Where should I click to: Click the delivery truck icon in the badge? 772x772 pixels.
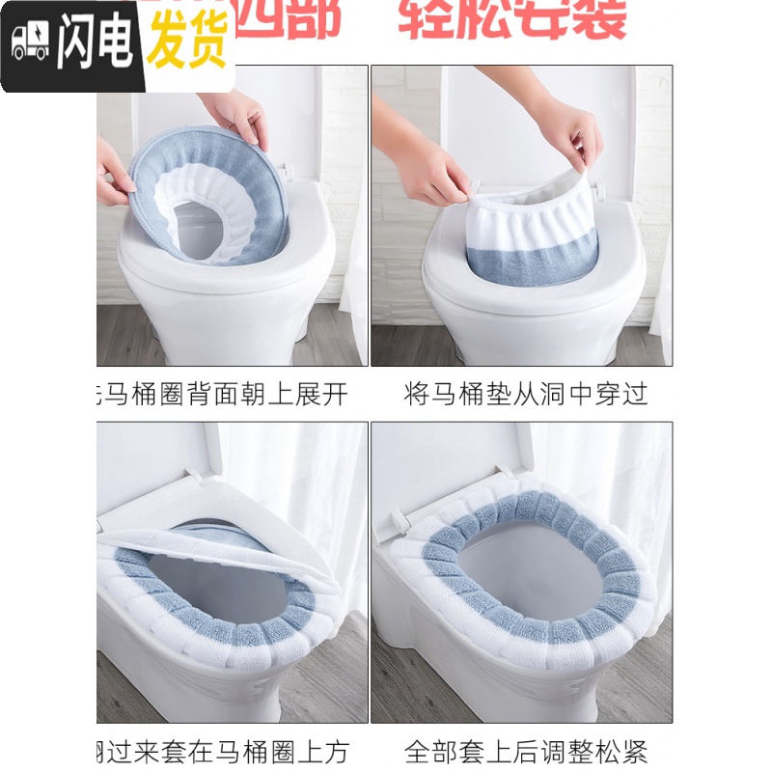[x=30, y=43]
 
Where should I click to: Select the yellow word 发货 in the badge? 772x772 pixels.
[x=186, y=43]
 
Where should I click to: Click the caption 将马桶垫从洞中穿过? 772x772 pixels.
[x=525, y=394]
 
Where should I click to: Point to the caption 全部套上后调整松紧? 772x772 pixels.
[x=525, y=751]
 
